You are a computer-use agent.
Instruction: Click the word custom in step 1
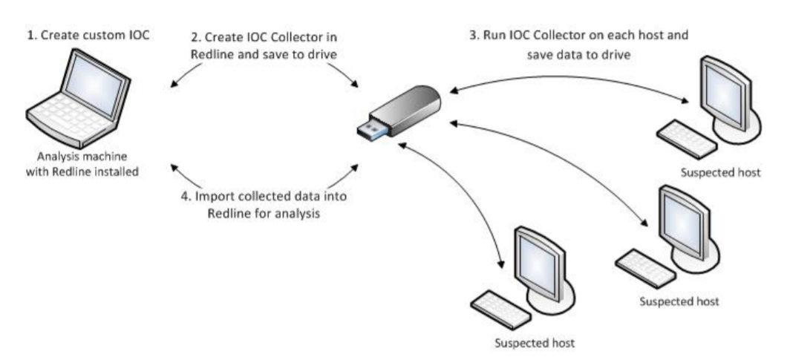tap(88, 36)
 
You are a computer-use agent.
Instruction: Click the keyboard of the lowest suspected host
tap(498, 300)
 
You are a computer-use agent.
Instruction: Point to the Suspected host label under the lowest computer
tap(534, 344)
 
